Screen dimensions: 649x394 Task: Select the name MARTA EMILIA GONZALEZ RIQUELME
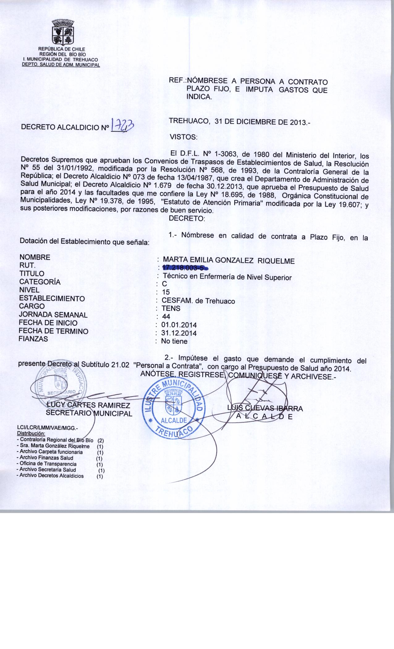229,261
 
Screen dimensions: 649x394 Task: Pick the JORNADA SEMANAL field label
53,315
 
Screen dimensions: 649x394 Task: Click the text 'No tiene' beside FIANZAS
174,341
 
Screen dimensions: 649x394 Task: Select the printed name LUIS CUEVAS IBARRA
265,408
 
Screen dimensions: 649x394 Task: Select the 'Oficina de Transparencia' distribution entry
48,464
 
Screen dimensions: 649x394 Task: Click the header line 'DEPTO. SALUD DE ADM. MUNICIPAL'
61,65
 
